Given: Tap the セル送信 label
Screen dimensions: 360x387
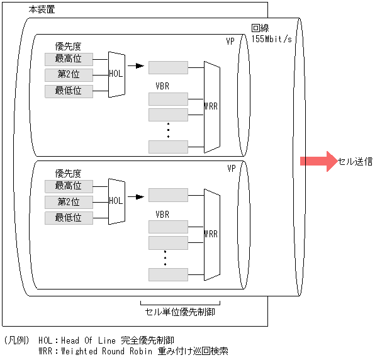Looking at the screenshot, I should click(x=355, y=161).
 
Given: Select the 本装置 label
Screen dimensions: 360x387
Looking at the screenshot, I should click(x=42, y=11).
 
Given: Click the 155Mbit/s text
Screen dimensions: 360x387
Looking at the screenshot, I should click(x=271, y=39).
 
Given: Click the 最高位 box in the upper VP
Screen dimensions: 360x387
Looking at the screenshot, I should click(x=69, y=59).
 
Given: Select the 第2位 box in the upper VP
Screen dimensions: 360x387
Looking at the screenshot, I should click(x=69, y=76).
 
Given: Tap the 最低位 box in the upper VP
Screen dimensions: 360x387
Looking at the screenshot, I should click(x=69, y=91).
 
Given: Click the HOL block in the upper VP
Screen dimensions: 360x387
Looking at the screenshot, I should click(x=116, y=74).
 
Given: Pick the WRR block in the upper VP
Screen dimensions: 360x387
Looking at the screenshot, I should click(x=211, y=106).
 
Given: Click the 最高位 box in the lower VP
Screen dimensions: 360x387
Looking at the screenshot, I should click(x=69, y=186).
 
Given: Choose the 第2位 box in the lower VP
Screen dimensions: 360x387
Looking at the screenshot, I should click(x=69, y=202).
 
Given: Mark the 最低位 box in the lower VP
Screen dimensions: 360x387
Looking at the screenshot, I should click(x=69, y=218).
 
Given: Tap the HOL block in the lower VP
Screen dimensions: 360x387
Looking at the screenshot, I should click(x=116, y=201).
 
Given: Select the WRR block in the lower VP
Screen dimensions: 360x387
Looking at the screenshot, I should click(x=211, y=233).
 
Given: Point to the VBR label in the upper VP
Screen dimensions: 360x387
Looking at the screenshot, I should click(x=162, y=86).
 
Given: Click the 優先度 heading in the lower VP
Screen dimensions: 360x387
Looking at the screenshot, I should click(x=68, y=173).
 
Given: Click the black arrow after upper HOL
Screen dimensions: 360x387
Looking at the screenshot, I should click(x=135, y=65).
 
